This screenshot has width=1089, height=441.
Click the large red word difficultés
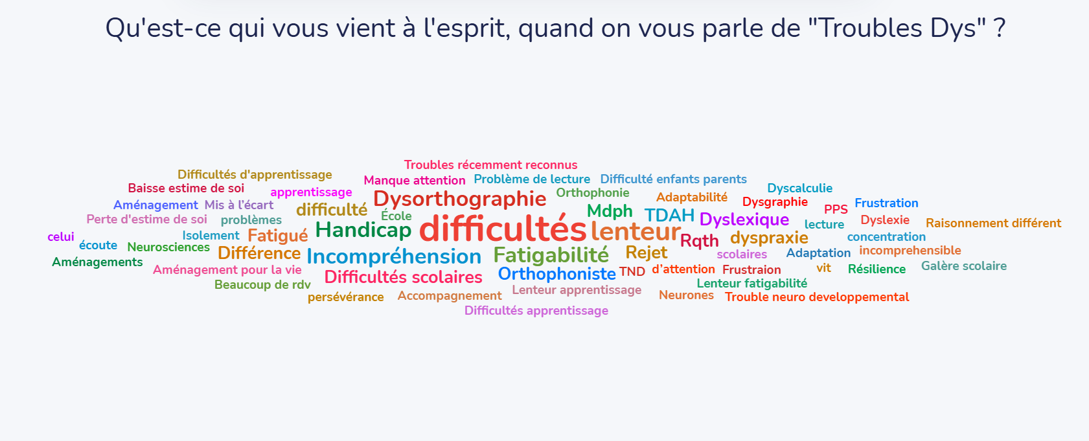tap(503, 229)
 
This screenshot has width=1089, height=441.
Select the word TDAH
tap(669, 216)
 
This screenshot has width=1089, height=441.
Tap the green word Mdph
tap(610, 211)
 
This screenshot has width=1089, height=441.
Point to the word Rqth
tap(699, 241)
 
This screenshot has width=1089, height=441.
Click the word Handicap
tap(363, 230)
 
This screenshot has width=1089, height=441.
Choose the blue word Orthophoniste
tap(556, 274)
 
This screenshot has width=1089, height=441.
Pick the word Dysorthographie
tap(460, 199)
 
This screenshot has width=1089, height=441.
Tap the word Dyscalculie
tap(799, 188)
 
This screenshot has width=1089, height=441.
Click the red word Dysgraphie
tap(775, 202)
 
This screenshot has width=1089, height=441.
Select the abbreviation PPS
tap(836, 209)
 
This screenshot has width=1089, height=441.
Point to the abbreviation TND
tap(632, 272)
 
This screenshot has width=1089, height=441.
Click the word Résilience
tap(877, 269)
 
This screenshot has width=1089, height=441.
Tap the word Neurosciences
tap(168, 247)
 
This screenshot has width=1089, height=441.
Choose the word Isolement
tap(211, 236)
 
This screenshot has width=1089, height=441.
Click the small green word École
tap(396, 216)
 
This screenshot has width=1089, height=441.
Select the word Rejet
tap(646, 253)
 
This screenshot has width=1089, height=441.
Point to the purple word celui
tap(61, 237)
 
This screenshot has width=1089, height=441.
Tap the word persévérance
tap(345, 297)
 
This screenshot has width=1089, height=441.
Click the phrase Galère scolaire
tap(963, 266)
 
